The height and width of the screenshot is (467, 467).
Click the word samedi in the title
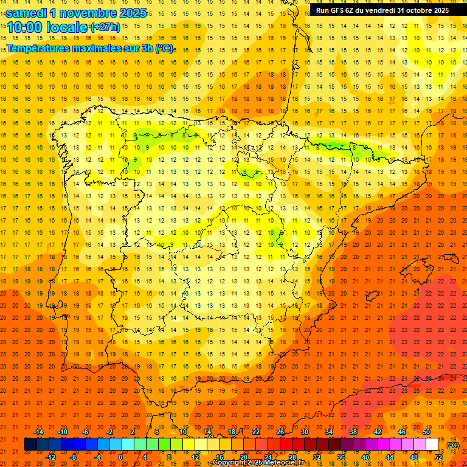point(30,13)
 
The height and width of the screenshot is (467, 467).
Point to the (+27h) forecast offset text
point(105,28)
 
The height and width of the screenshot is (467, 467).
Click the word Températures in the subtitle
point(40,48)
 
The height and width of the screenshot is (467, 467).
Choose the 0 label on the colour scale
point(120,457)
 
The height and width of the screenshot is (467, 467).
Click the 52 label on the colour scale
point(438,457)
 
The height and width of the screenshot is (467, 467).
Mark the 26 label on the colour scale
point(280,432)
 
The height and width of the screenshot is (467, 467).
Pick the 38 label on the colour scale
point(353,432)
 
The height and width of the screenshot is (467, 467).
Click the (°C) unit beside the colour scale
point(453,445)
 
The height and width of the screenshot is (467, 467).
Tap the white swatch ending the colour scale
point(432,445)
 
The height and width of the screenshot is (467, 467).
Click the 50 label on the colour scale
point(426,432)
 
